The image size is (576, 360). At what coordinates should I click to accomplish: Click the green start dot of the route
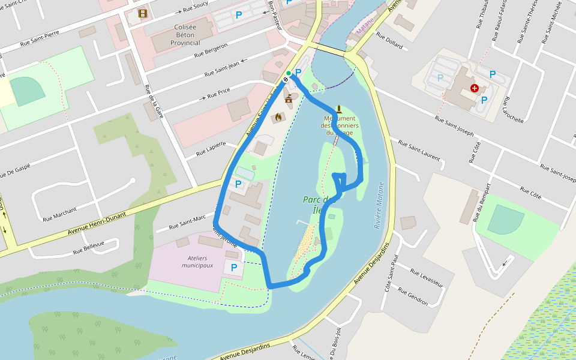click(289, 73)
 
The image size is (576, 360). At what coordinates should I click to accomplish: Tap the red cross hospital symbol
click(475, 88)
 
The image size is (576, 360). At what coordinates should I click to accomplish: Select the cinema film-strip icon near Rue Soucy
click(142, 13)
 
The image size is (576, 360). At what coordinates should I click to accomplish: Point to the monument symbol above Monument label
click(340, 109)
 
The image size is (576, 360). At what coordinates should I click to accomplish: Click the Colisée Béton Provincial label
click(185, 35)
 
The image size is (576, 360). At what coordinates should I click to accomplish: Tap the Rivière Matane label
click(379, 205)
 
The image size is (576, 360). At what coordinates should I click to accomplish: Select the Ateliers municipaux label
click(197, 262)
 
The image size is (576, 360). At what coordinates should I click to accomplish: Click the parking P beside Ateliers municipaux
click(234, 267)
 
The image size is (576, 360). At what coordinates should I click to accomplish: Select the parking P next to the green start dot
click(298, 73)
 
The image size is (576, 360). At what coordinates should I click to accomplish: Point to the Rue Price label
click(218, 94)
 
